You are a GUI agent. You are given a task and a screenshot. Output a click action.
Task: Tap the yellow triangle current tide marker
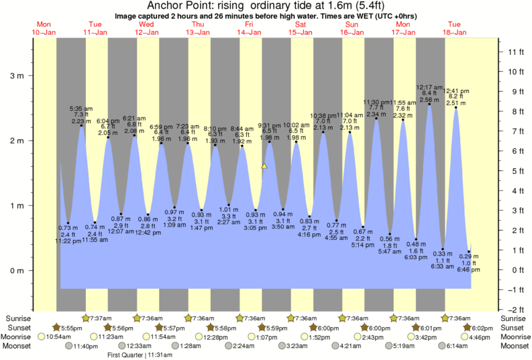pos(265,166)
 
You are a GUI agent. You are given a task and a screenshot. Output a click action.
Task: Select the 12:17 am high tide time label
pos(429,86)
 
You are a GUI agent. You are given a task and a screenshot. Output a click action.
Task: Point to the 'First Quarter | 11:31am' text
pos(139,355)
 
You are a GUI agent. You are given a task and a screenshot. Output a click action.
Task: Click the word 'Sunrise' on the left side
pos(17,318)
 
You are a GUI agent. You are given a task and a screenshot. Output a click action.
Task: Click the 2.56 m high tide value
pos(429,100)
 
